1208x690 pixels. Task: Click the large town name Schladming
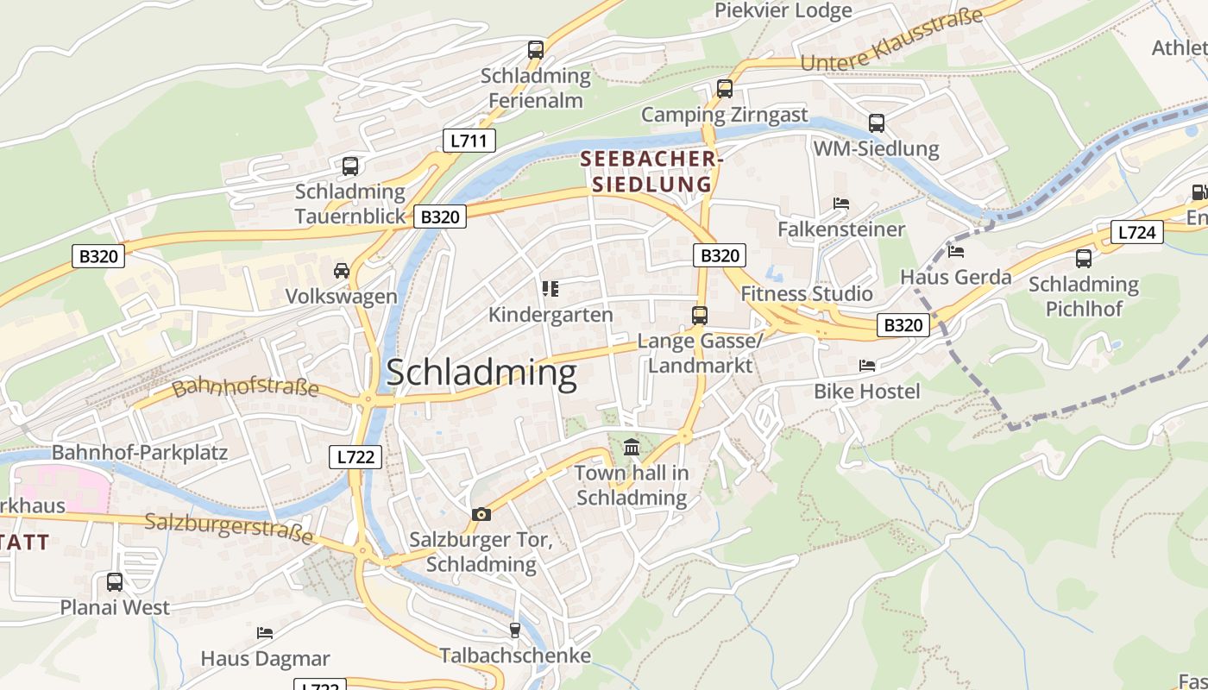click(481, 373)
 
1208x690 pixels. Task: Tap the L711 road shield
click(469, 141)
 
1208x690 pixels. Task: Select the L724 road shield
click(1136, 232)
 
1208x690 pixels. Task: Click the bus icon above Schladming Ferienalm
click(536, 50)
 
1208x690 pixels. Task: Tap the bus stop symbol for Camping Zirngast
click(725, 89)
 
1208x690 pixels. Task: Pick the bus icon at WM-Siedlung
click(877, 123)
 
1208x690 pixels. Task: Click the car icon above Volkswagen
click(342, 271)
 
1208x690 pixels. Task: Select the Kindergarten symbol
click(551, 289)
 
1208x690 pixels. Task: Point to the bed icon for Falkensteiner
click(841, 204)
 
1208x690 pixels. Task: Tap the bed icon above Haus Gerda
click(956, 252)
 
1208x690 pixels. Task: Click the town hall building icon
click(632, 448)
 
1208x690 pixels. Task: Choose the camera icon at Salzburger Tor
click(481, 515)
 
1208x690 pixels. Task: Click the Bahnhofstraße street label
click(246, 387)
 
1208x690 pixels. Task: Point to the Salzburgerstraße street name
click(229, 528)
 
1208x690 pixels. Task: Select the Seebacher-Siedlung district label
click(651, 172)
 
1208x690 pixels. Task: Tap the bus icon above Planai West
click(115, 582)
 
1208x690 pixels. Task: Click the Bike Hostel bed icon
click(867, 366)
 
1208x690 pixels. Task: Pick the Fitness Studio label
click(807, 294)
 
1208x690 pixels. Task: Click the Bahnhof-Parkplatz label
click(140, 453)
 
